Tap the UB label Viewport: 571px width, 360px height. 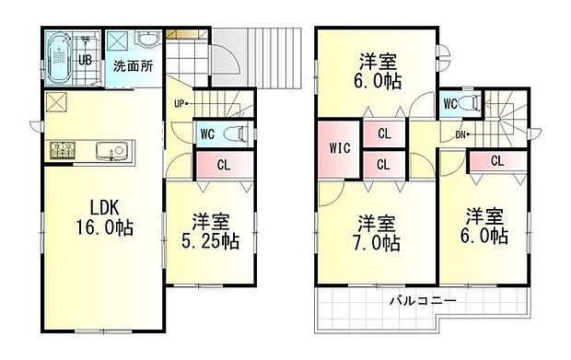83,60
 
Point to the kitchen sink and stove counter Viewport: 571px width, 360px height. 92,148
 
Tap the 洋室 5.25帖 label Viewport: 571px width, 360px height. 210,232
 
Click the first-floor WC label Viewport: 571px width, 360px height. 209,133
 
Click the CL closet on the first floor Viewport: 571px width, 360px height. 223,166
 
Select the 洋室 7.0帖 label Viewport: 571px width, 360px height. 377,234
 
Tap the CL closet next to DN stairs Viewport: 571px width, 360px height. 496,161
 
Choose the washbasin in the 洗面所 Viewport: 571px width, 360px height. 147,42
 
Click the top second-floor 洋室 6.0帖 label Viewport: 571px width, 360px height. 377,71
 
